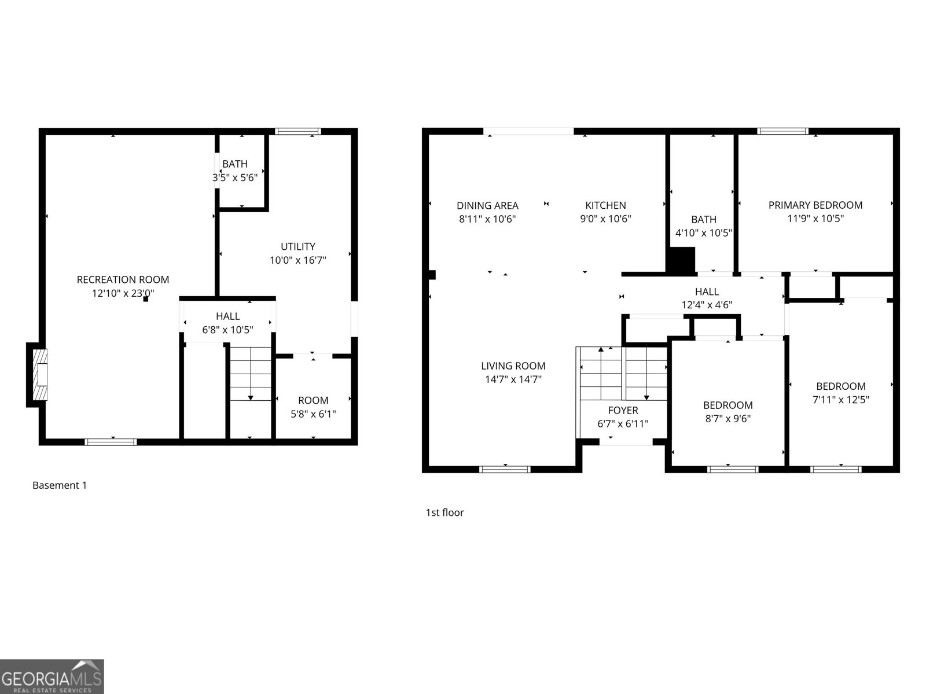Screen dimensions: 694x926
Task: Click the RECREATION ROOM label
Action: tap(123, 280)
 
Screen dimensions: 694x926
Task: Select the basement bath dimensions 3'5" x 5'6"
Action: tap(234, 178)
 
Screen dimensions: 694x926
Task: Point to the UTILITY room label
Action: tap(297, 246)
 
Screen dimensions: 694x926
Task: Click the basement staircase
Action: tap(251, 374)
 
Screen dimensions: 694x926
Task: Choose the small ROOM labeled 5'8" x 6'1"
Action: tap(313, 407)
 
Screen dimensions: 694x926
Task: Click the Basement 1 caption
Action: tap(60, 485)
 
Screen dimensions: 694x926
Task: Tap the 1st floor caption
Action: tap(444, 512)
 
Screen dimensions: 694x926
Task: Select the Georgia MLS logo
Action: tap(52, 676)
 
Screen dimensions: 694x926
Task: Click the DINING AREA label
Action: tap(487, 205)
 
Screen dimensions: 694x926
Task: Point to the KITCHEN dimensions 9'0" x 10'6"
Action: tap(605, 219)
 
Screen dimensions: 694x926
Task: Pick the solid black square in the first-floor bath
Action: tap(681, 260)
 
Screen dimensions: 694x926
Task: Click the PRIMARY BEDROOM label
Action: tap(815, 205)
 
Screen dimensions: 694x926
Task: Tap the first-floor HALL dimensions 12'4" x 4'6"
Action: tap(707, 305)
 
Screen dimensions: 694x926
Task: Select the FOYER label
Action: tap(623, 410)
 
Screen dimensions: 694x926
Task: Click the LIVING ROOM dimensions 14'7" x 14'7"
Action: tap(513, 380)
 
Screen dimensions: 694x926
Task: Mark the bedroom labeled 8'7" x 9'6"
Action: tap(727, 412)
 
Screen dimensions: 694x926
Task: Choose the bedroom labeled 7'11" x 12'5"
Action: tap(840, 393)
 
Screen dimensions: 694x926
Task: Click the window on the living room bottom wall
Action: tap(505, 469)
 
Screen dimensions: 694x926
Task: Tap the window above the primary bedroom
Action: tap(782, 131)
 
